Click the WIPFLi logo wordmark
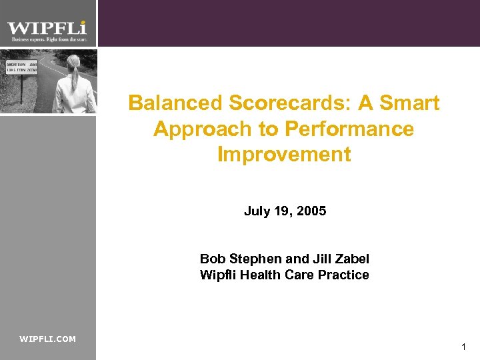[47, 28]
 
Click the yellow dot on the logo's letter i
[83, 22]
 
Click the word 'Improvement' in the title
[284, 154]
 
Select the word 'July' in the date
[256, 211]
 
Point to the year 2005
[311, 211]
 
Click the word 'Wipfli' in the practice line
[217, 275]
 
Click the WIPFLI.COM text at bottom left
[48, 339]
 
